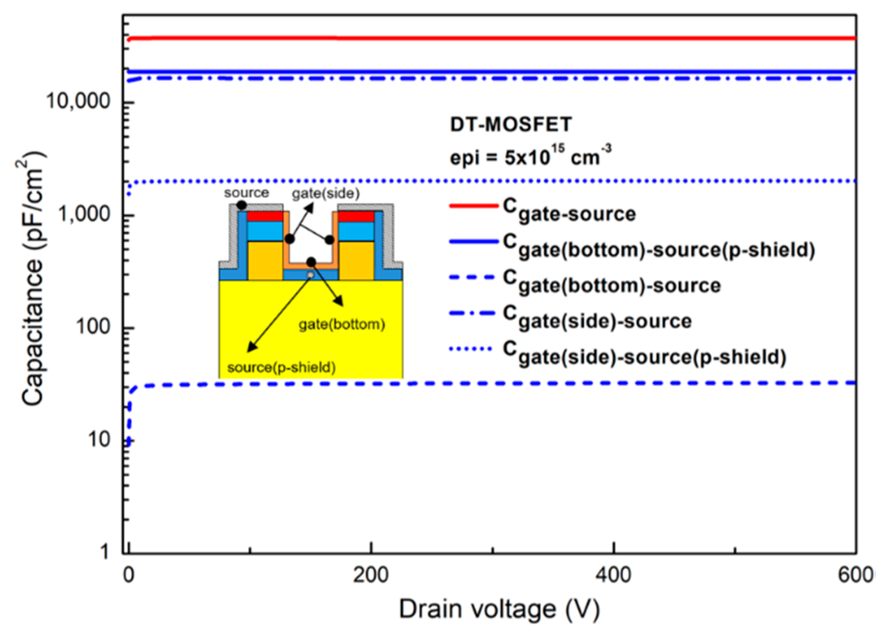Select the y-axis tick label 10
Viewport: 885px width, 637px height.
click(x=99, y=439)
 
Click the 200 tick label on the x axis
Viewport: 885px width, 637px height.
click(x=371, y=574)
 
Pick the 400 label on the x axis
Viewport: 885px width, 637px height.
click(x=613, y=574)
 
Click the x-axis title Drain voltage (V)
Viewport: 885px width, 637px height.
click(x=499, y=610)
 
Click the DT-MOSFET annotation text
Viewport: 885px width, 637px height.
click(x=511, y=124)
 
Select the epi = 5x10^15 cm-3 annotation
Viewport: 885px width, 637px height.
click(x=530, y=156)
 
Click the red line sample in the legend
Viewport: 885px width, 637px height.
click(x=474, y=206)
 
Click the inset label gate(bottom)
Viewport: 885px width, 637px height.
click(x=341, y=325)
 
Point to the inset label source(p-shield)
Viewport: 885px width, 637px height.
click(x=281, y=367)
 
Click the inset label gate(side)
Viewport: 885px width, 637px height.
click(x=325, y=193)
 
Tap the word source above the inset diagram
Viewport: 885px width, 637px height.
click(x=246, y=193)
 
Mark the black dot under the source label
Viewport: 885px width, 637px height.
click(x=242, y=205)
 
